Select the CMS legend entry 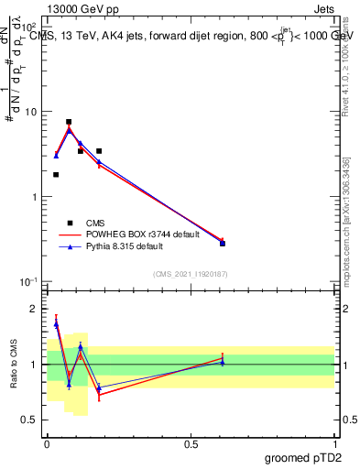click(95, 222)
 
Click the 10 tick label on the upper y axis click(31, 112)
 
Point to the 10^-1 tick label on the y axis click(29, 282)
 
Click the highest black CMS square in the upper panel click(69, 122)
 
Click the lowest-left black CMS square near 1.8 click(56, 174)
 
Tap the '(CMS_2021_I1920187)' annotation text click(190, 273)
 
